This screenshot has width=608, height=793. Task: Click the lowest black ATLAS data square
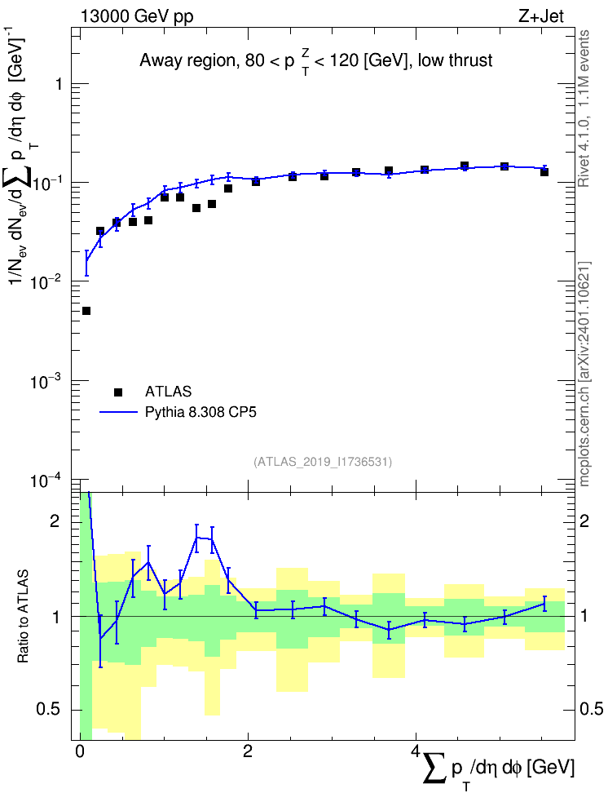pyautogui.click(x=86, y=311)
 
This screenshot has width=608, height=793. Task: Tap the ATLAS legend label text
pyautogui.click(x=168, y=392)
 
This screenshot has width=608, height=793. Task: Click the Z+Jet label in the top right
pyautogui.click(x=541, y=16)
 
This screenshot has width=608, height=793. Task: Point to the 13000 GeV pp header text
pyautogui.click(x=136, y=16)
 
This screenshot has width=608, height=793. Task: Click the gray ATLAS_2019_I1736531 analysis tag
pyautogui.click(x=323, y=461)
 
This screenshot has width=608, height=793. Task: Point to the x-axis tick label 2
pyautogui.click(x=248, y=751)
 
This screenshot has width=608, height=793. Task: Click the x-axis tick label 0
pyautogui.click(x=80, y=751)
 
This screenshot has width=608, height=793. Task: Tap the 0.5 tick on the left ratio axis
pyautogui.click(x=48, y=710)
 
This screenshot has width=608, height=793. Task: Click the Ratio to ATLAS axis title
pyautogui.click(x=23, y=617)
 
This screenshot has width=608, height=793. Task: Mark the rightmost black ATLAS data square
pyautogui.click(x=544, y=172)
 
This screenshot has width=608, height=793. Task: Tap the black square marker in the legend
pyautogui.click(x=118, y=392)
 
